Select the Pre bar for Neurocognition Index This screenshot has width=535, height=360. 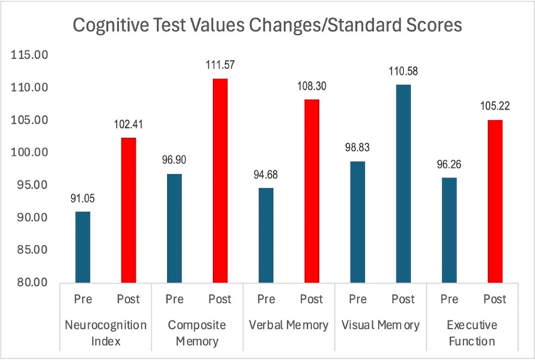[83, 247]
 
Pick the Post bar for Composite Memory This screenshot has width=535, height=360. [219, 180]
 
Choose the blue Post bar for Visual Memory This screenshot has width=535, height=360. [403, 183]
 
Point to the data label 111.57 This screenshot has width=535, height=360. [220, 66]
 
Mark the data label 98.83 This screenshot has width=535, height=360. [357, 149]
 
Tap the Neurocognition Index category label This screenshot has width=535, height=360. [105, 333]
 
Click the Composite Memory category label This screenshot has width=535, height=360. [197, 333]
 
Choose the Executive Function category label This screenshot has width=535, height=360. [471, 333]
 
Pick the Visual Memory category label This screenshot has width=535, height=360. [380, 325]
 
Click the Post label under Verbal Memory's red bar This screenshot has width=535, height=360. [311, 299]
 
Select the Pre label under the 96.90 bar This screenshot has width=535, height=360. [174, 299]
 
